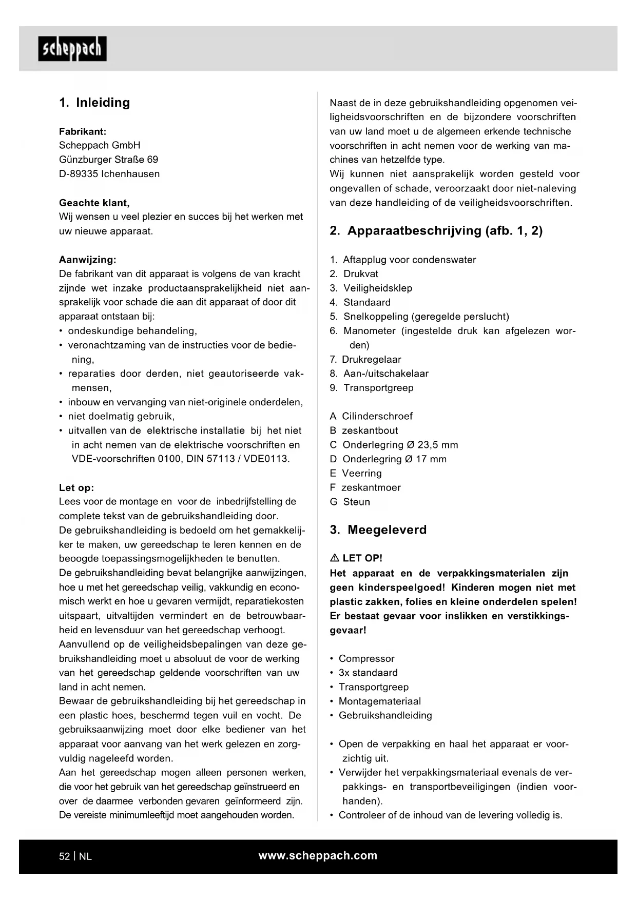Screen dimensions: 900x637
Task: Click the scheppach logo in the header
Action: tap(72, 49)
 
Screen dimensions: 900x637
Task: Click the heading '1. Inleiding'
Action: tap(94, 103)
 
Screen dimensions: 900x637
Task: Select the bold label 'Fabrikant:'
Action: tap(83, 131)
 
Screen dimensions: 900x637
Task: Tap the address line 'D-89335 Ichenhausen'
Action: tap(109, 174)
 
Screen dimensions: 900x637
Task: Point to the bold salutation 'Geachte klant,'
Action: tap(94, 203)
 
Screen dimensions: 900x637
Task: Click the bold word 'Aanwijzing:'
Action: tap(88, 260)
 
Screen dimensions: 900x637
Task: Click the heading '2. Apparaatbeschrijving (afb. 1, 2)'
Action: tap(436, 231)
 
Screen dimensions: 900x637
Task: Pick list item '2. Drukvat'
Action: tap(354, 274)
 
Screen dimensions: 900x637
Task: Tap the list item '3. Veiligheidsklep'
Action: tap(371, 288)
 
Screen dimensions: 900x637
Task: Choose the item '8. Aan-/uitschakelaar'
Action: tap(379, 374)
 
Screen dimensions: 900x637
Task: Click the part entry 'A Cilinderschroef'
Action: tap(371, 416)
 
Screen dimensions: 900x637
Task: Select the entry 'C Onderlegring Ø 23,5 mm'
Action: tap(394, 445)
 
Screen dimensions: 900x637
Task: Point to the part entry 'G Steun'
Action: tap(350, 502)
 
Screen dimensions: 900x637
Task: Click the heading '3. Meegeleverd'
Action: tap(378, 530)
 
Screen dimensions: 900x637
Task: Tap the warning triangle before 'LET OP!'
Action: tap(335, 558)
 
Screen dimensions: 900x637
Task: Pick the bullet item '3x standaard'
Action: tap(368, 673)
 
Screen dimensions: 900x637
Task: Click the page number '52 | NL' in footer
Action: tap(75, 856)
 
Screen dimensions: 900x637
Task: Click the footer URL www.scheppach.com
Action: tap(318, 855)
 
